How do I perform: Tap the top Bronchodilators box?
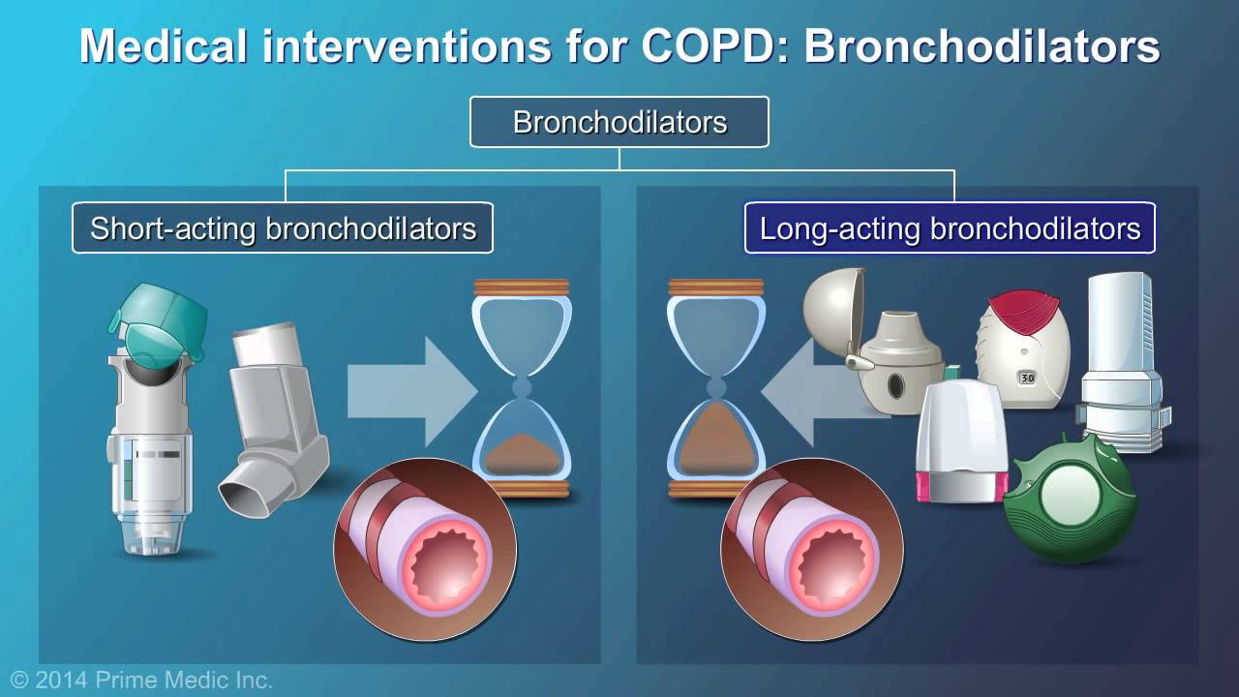(x=619, y=122)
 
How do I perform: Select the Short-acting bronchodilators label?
(x=283, y=227)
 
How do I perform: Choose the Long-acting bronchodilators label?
(x=950, y=227)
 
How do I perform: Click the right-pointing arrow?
(x=412, y=392)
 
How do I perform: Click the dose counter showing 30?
(x=1027, y=379)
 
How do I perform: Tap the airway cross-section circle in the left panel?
(x=425, y=549)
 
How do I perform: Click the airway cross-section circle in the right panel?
(x=812, y=549)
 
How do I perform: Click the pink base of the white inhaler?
(x=959, y=486)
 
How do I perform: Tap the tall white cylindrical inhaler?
(x=1123, y=362)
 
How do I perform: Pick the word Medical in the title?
(x=164, y=45)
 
